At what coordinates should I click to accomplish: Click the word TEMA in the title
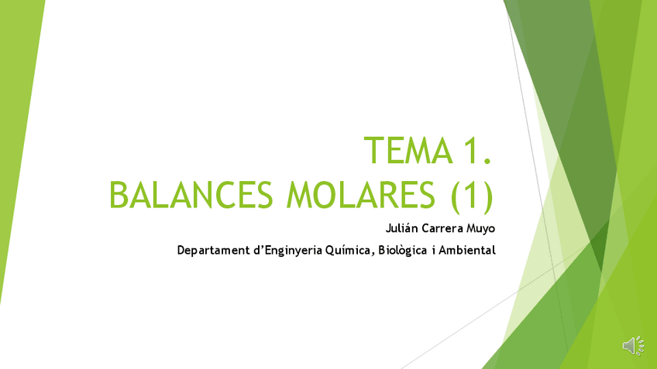(x=407, y=150)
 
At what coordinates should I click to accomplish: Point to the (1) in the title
(x=472, y=194)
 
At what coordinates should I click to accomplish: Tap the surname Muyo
(x=482, y=228)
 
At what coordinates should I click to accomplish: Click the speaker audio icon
(x=632, y=346)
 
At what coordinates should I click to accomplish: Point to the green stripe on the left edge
(x=15, y=155)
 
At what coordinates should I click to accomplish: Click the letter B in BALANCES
(x=119, y=194)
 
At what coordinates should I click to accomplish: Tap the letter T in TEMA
(x=373, y=150)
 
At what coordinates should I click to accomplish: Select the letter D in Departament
(x=181, y=251)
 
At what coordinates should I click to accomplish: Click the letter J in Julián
(x=387, y=228)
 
